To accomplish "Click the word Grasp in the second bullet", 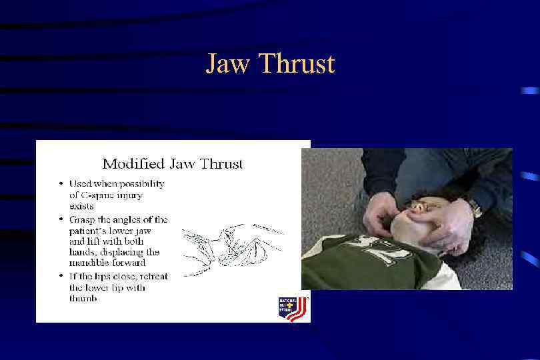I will click(84, 219).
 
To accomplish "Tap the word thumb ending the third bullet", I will click(83, 299).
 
